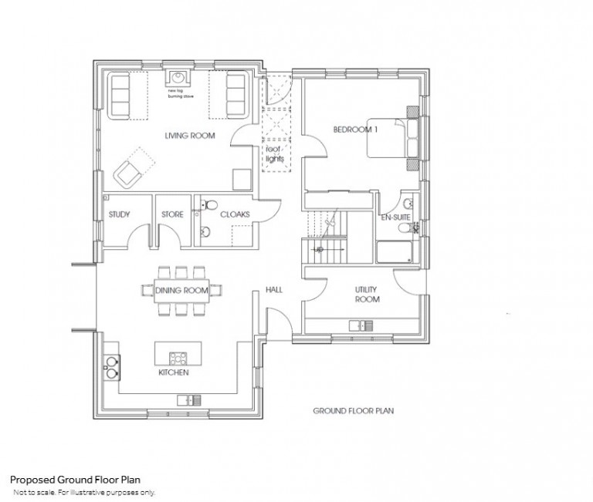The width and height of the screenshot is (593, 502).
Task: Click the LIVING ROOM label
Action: [x=189, y=136]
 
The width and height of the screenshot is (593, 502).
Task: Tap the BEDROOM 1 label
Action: [x=355, y=130]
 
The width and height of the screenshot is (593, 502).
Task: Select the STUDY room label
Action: [x=119, y=214]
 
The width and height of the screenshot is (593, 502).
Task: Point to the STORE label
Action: [x=172, y=214]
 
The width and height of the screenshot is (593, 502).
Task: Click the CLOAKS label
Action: [x=234, y=214]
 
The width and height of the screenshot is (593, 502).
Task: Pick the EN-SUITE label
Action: [x=395, y=218]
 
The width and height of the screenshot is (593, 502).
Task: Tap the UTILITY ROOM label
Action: [x=366, y=293]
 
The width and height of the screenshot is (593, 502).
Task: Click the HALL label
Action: [x=274, y=290]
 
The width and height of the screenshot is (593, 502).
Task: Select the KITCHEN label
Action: [x=174, y=372]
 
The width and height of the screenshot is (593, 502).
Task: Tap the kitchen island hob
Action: [x=178, y=357]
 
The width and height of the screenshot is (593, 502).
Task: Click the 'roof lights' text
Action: [x=275, y=153]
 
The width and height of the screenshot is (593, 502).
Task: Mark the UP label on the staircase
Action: [x=317, y=248]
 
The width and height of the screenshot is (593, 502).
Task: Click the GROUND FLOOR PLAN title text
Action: [x=353, y=411]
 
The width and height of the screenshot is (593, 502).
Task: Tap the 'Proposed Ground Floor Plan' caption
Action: [x=74, y=480]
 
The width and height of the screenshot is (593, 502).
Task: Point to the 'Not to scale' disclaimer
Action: [x=83, y=491]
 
